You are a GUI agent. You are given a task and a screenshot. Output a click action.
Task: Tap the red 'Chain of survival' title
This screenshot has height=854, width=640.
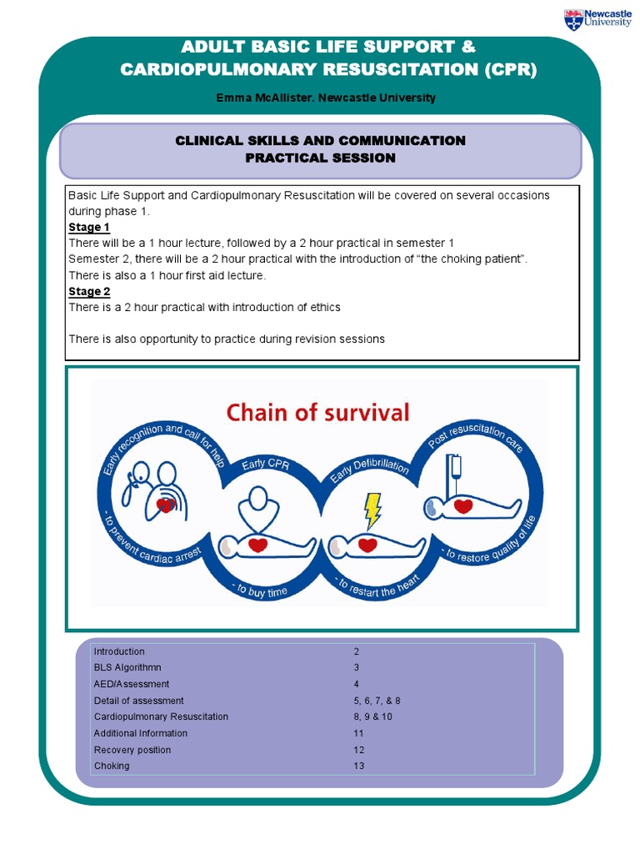point(318,412)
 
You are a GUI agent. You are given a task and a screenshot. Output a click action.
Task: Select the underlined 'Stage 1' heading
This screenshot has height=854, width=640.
point(89,227)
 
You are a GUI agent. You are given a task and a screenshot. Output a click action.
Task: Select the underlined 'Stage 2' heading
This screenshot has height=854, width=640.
point(89,291)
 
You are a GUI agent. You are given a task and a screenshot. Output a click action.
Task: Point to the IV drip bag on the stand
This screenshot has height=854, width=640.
point(453,467)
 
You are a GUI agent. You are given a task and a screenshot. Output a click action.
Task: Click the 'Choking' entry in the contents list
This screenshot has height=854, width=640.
point(112,766)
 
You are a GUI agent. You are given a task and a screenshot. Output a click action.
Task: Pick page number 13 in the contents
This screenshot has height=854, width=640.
point(359,766)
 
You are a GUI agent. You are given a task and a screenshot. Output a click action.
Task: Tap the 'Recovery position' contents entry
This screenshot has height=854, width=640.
point(132,750)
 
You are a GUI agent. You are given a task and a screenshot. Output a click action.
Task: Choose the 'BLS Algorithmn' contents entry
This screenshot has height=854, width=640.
point(127,668)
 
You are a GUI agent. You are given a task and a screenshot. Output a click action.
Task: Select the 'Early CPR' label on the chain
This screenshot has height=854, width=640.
point(266,465)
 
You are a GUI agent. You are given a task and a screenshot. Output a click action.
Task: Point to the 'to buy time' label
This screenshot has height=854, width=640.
point(261,590)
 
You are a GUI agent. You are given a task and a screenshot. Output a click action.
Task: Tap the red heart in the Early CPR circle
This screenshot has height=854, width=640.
point(258,545)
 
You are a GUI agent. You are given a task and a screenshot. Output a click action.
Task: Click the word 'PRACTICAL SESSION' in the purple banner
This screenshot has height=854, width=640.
point(321,158)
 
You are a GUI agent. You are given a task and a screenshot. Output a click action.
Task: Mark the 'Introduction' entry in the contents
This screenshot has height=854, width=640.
point(119,651)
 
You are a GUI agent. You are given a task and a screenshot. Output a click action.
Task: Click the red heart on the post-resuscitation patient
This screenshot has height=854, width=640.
point(463,505)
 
